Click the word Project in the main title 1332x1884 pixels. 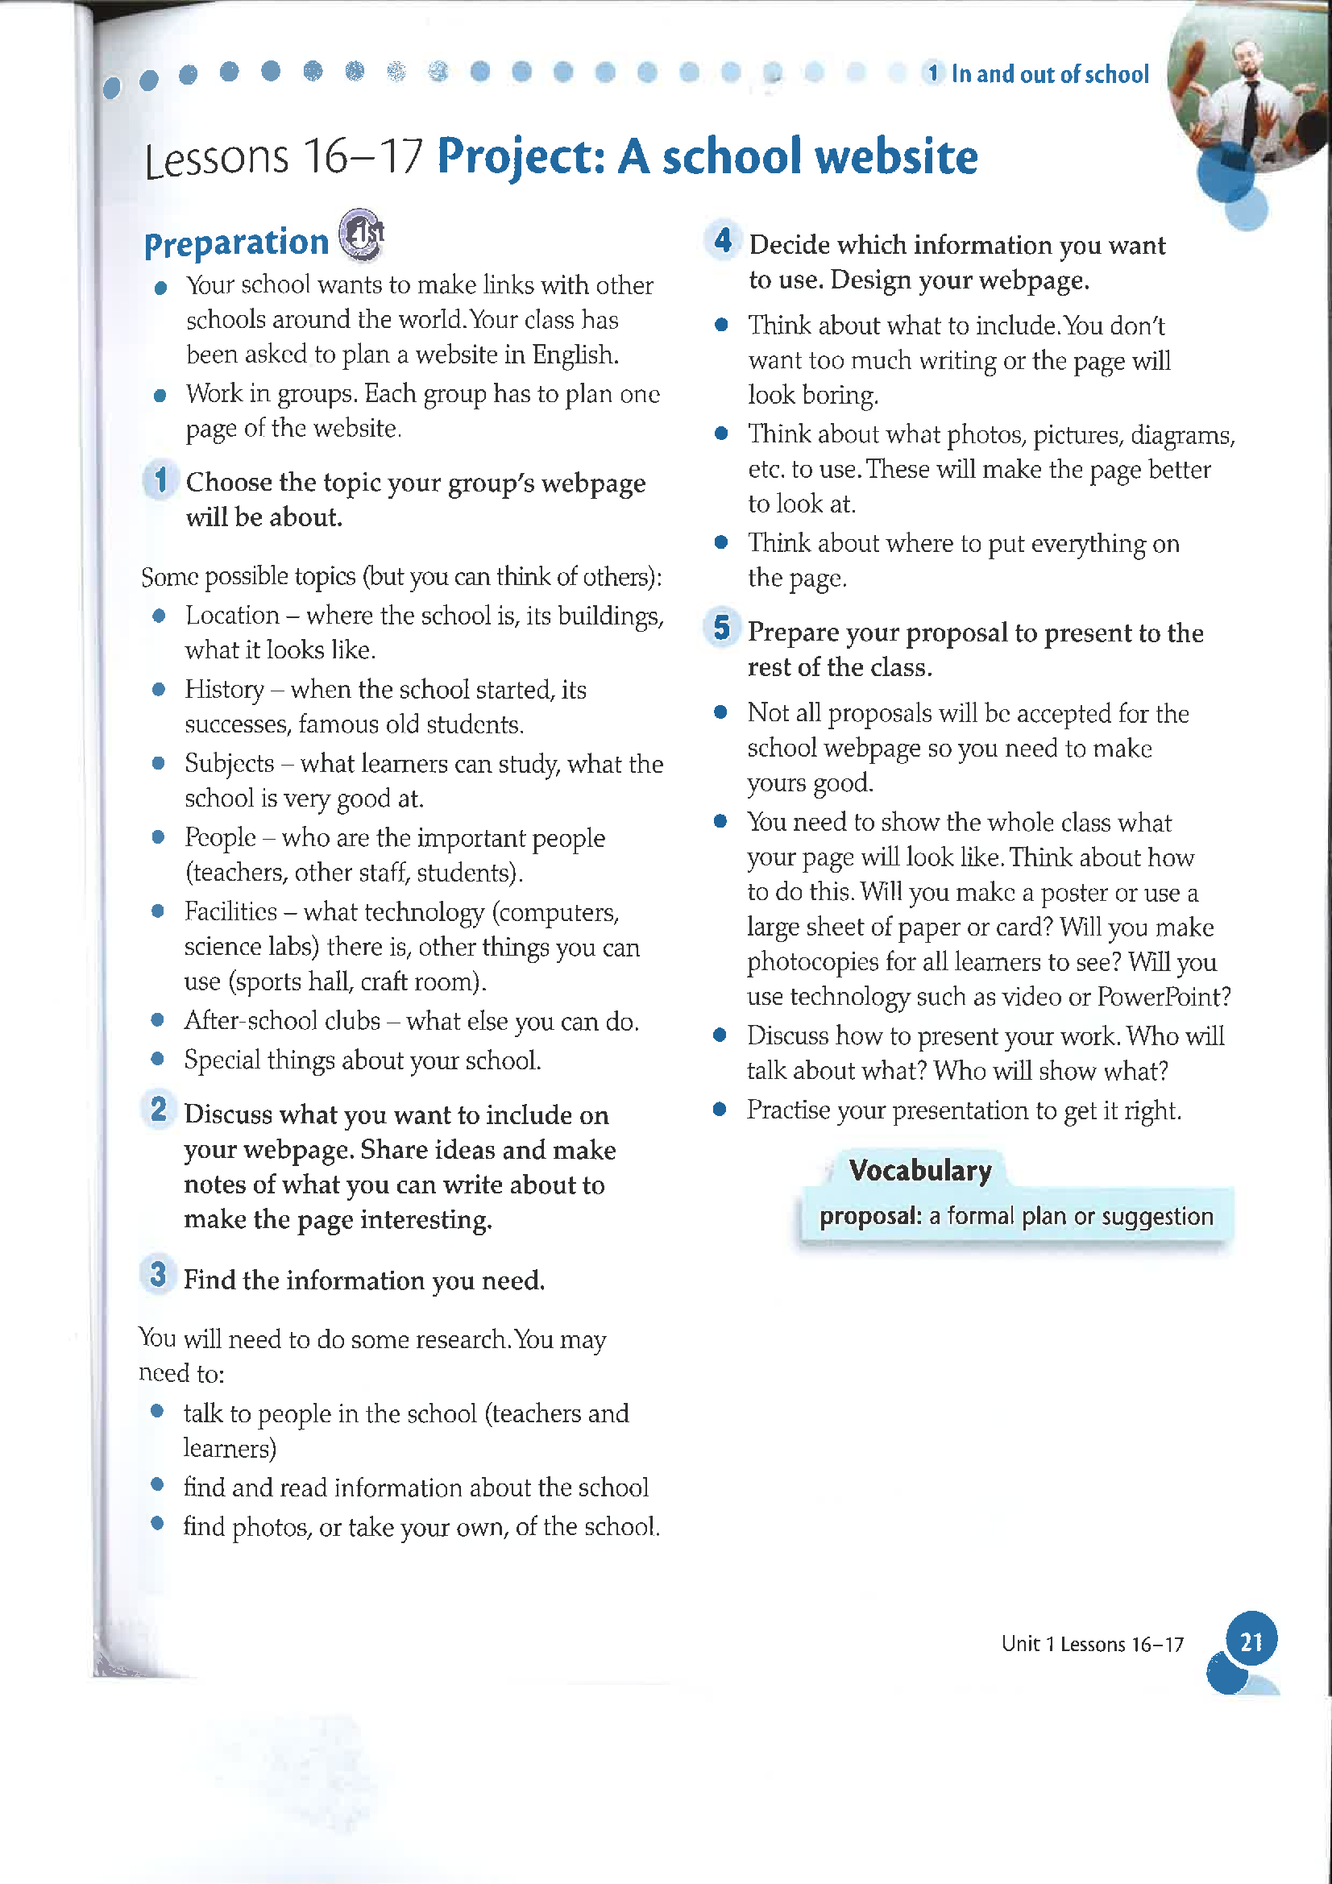point(521,158)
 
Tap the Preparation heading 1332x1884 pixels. point(236,243)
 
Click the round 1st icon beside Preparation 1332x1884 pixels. point(362,234)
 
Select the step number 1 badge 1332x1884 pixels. point(161,480)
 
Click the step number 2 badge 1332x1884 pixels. point(159,1110)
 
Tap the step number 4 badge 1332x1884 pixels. point(722,240)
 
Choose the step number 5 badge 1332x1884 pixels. point(721,628)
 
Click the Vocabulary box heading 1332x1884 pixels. point(920,1170)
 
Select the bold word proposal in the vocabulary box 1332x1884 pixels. point(871,1216)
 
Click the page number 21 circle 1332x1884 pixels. point(1251,1642)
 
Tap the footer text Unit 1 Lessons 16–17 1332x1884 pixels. point(1092,1645)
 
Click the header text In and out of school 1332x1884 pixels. point(1050,75)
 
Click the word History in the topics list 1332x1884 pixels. point(224,689)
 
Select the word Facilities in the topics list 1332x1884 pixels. point(230,911)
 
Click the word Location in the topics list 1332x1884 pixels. point(232,616)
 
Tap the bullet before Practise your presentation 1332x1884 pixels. point(720,1110)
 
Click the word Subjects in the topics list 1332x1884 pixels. point(229,763)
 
